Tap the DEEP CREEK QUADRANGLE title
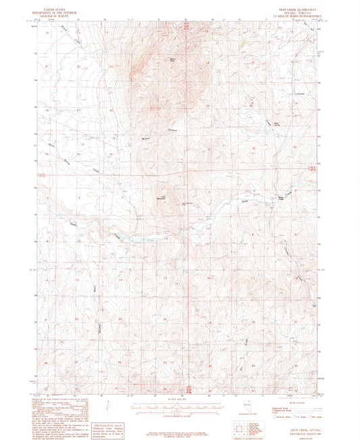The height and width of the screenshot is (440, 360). click(297, 3)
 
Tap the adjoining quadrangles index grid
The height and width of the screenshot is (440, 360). click(239, 428)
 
